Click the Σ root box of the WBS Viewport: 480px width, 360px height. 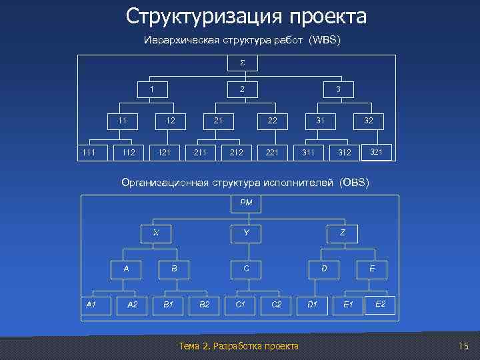(242, 63)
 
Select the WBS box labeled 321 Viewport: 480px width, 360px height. (376, 152)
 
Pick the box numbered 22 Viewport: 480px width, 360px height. (272, 121)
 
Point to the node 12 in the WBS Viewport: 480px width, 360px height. (171, 121)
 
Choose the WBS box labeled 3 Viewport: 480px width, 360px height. (338, 89)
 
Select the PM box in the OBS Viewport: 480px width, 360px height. (245, 203)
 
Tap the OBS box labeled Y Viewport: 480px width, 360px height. (246, 233)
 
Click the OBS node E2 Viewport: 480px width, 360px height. (380, 304)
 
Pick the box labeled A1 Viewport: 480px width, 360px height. (91, 305)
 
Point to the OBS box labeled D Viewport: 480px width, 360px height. (324, 269)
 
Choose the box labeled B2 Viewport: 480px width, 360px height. (205, 305)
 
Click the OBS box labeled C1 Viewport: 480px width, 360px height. (241, 305)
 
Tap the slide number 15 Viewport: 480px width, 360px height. (464, 345)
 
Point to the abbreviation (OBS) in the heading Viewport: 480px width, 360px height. (353, 182)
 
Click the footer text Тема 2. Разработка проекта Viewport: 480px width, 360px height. (239, 345)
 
